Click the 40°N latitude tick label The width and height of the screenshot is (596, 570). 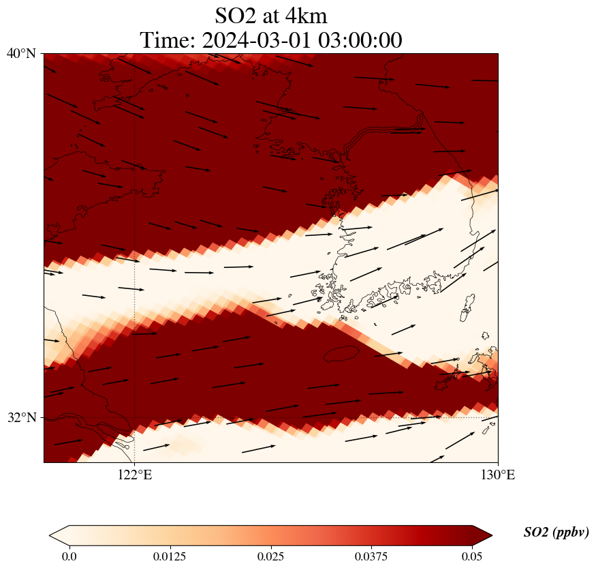coord(21,53)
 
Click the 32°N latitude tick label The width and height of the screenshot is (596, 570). coord(21,417)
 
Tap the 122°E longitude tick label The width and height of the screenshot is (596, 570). coord(134,475)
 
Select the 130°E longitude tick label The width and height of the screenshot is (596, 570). coord(498,475)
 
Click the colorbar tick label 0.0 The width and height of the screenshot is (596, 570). coord(69,556)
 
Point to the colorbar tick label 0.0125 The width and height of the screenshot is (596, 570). coord(170,556)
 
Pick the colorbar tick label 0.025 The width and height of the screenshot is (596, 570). coord(270,556)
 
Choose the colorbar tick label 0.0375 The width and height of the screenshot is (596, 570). coord(371,556)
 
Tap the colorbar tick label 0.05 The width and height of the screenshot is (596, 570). coord(472,556)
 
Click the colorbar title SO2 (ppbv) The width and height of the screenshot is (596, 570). coord(556,532)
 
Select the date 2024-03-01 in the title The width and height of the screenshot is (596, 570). coord(256,40)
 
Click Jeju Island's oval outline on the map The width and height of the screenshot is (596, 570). coord(341,354)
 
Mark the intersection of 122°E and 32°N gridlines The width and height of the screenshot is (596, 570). coord(134,417)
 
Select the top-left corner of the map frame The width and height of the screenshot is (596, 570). coord(44,53)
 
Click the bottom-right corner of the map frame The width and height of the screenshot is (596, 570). coord(498,462)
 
